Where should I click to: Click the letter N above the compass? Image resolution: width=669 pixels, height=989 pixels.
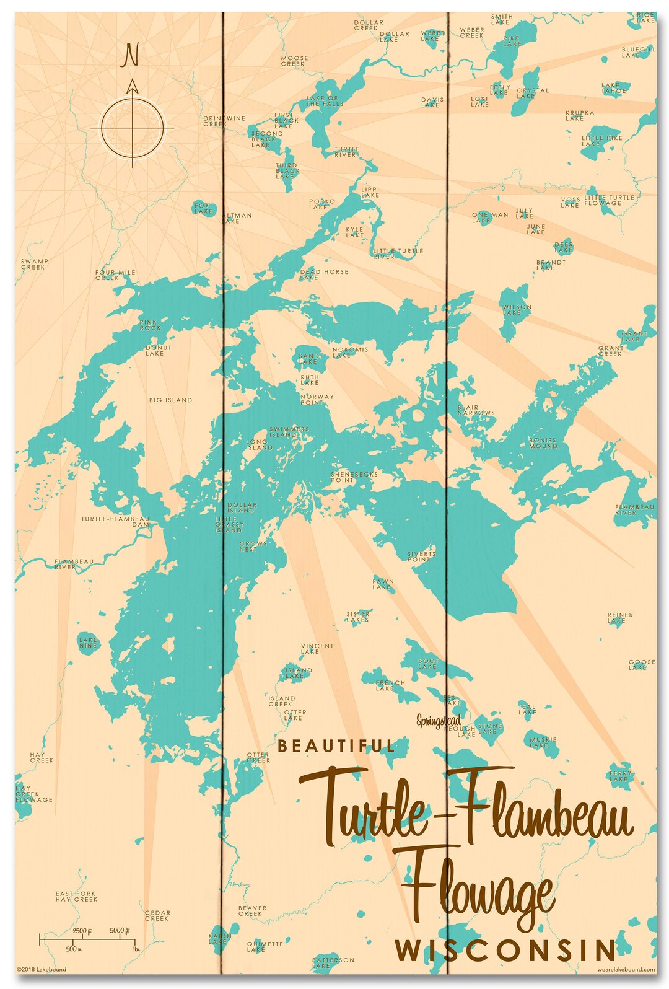point(131,55)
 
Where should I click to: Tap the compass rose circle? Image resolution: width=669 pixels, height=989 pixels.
point(133,128)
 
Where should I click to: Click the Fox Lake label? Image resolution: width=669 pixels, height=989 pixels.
point(203,208)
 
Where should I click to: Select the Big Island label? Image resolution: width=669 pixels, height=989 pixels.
point(170,400)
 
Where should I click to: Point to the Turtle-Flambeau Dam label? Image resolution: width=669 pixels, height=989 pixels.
point(115,521)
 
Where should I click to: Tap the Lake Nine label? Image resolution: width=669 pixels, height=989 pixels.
point(88,643)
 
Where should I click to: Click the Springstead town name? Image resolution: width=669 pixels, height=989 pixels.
point(439,721)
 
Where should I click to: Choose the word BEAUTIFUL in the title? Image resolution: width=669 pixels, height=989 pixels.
point(336,746)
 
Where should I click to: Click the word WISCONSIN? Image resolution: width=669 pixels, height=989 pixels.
point(505,950)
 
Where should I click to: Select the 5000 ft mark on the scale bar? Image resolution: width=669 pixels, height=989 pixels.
point(119,930)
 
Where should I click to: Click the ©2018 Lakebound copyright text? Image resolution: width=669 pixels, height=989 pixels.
point(42,969)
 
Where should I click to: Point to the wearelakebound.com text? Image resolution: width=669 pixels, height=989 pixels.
point(626,969)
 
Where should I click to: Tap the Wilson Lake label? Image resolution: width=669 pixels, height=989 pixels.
point(517,310)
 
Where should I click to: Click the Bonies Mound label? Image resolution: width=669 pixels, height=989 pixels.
point(543,443)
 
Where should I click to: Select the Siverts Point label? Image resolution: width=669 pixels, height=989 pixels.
point(421,556)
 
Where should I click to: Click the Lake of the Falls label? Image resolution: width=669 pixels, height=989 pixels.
point(325,101)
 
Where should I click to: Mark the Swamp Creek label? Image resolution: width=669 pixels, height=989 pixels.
point(34,264)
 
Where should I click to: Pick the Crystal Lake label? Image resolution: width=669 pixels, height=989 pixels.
point(533,93)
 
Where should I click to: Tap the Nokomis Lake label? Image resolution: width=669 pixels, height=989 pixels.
point(350,352)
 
